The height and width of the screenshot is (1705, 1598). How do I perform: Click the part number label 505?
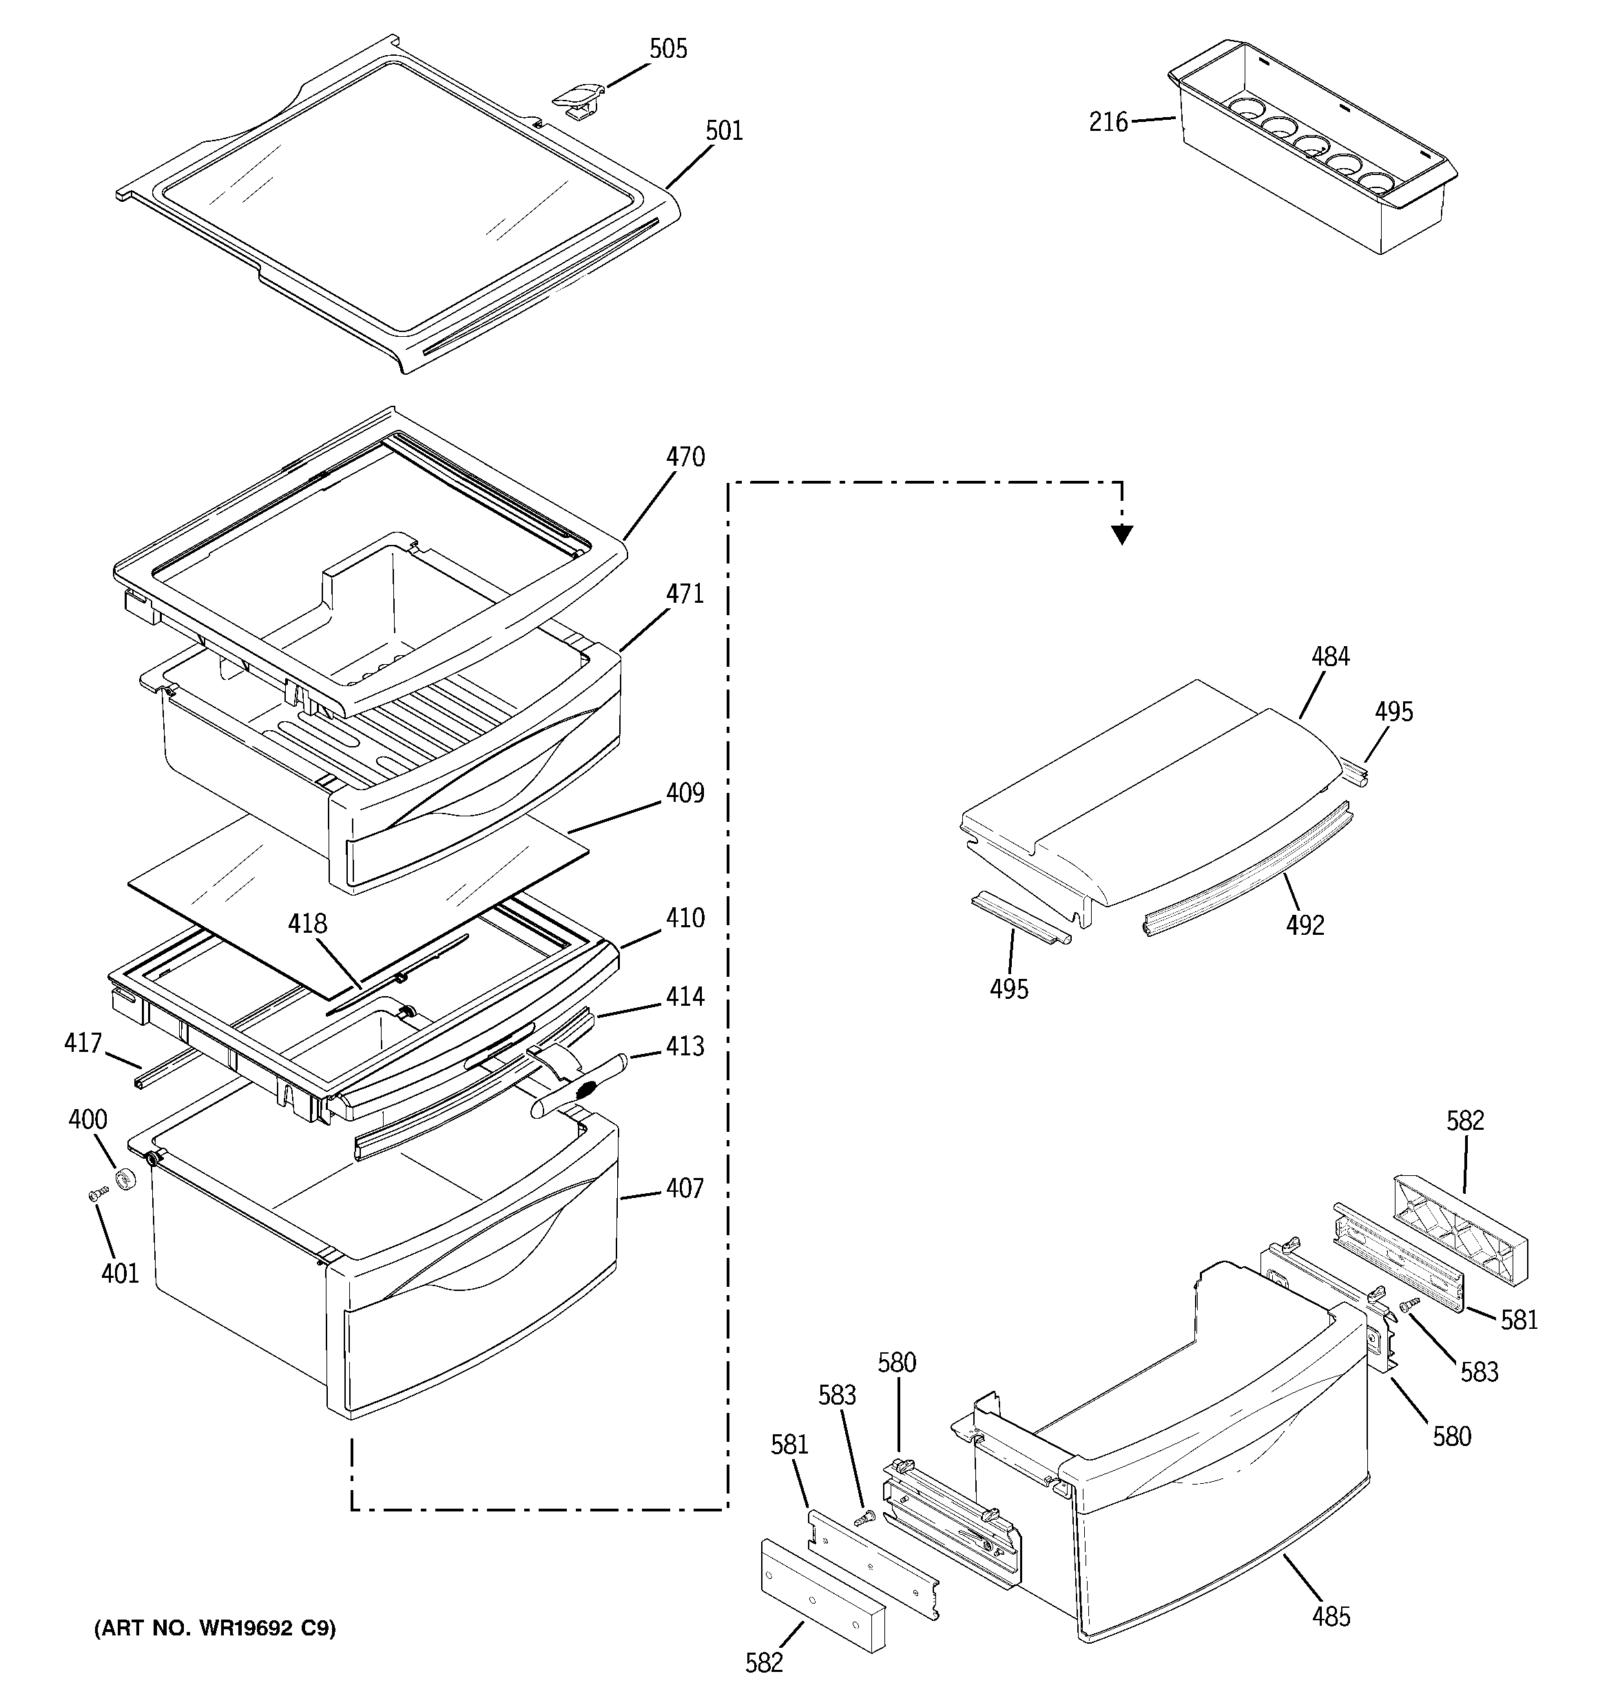[x=667, y=49]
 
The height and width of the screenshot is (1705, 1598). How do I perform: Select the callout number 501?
[x=723, y=131]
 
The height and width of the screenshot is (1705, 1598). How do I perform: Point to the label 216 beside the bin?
[x=1108, y=123]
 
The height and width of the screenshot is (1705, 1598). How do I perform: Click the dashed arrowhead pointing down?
[x=1121, y=535]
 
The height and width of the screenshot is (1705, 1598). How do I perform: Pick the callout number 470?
[x=685, y=457]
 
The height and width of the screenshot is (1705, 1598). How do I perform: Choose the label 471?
[x=685, y=594]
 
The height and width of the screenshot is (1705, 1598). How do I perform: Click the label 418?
[x=307, y=924]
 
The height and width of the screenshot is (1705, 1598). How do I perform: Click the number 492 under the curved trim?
[x=1305, y=924]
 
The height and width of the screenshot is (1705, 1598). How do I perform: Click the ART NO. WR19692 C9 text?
[x=214, y=1628]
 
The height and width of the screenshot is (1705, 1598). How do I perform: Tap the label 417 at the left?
[x=83, y=1043]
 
